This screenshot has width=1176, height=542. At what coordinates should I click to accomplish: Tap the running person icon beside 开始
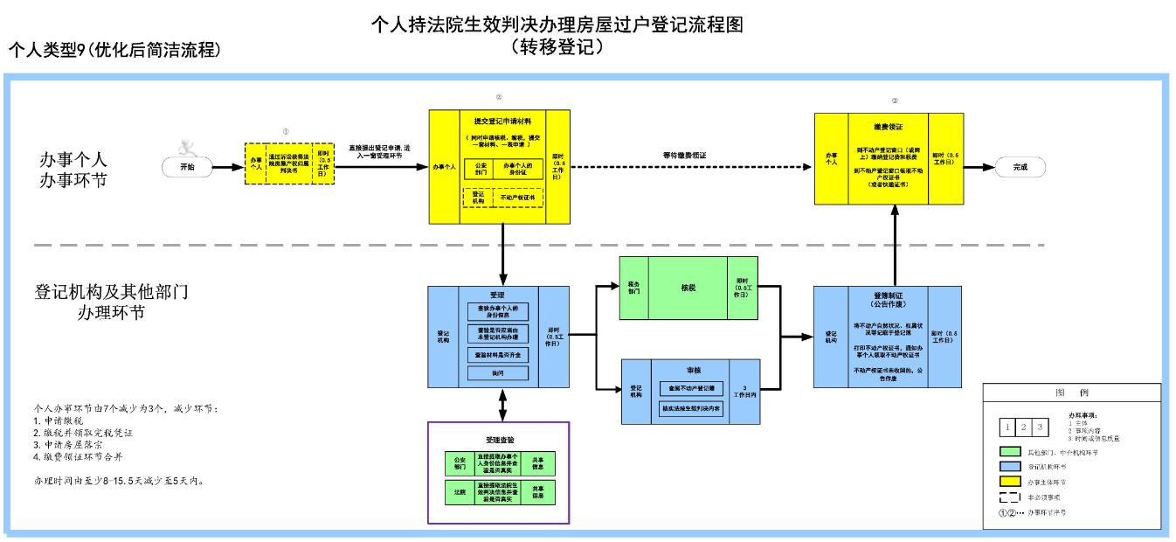tap(184, 147)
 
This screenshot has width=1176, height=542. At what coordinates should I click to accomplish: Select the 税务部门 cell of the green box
tap(634, 287)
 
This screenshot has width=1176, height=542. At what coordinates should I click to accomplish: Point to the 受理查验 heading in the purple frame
tap(498, 439)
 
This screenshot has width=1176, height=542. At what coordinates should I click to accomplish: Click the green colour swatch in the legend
tap(1012, 452)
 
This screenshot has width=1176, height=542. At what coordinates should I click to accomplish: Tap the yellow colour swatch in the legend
tap(1012, 480)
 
